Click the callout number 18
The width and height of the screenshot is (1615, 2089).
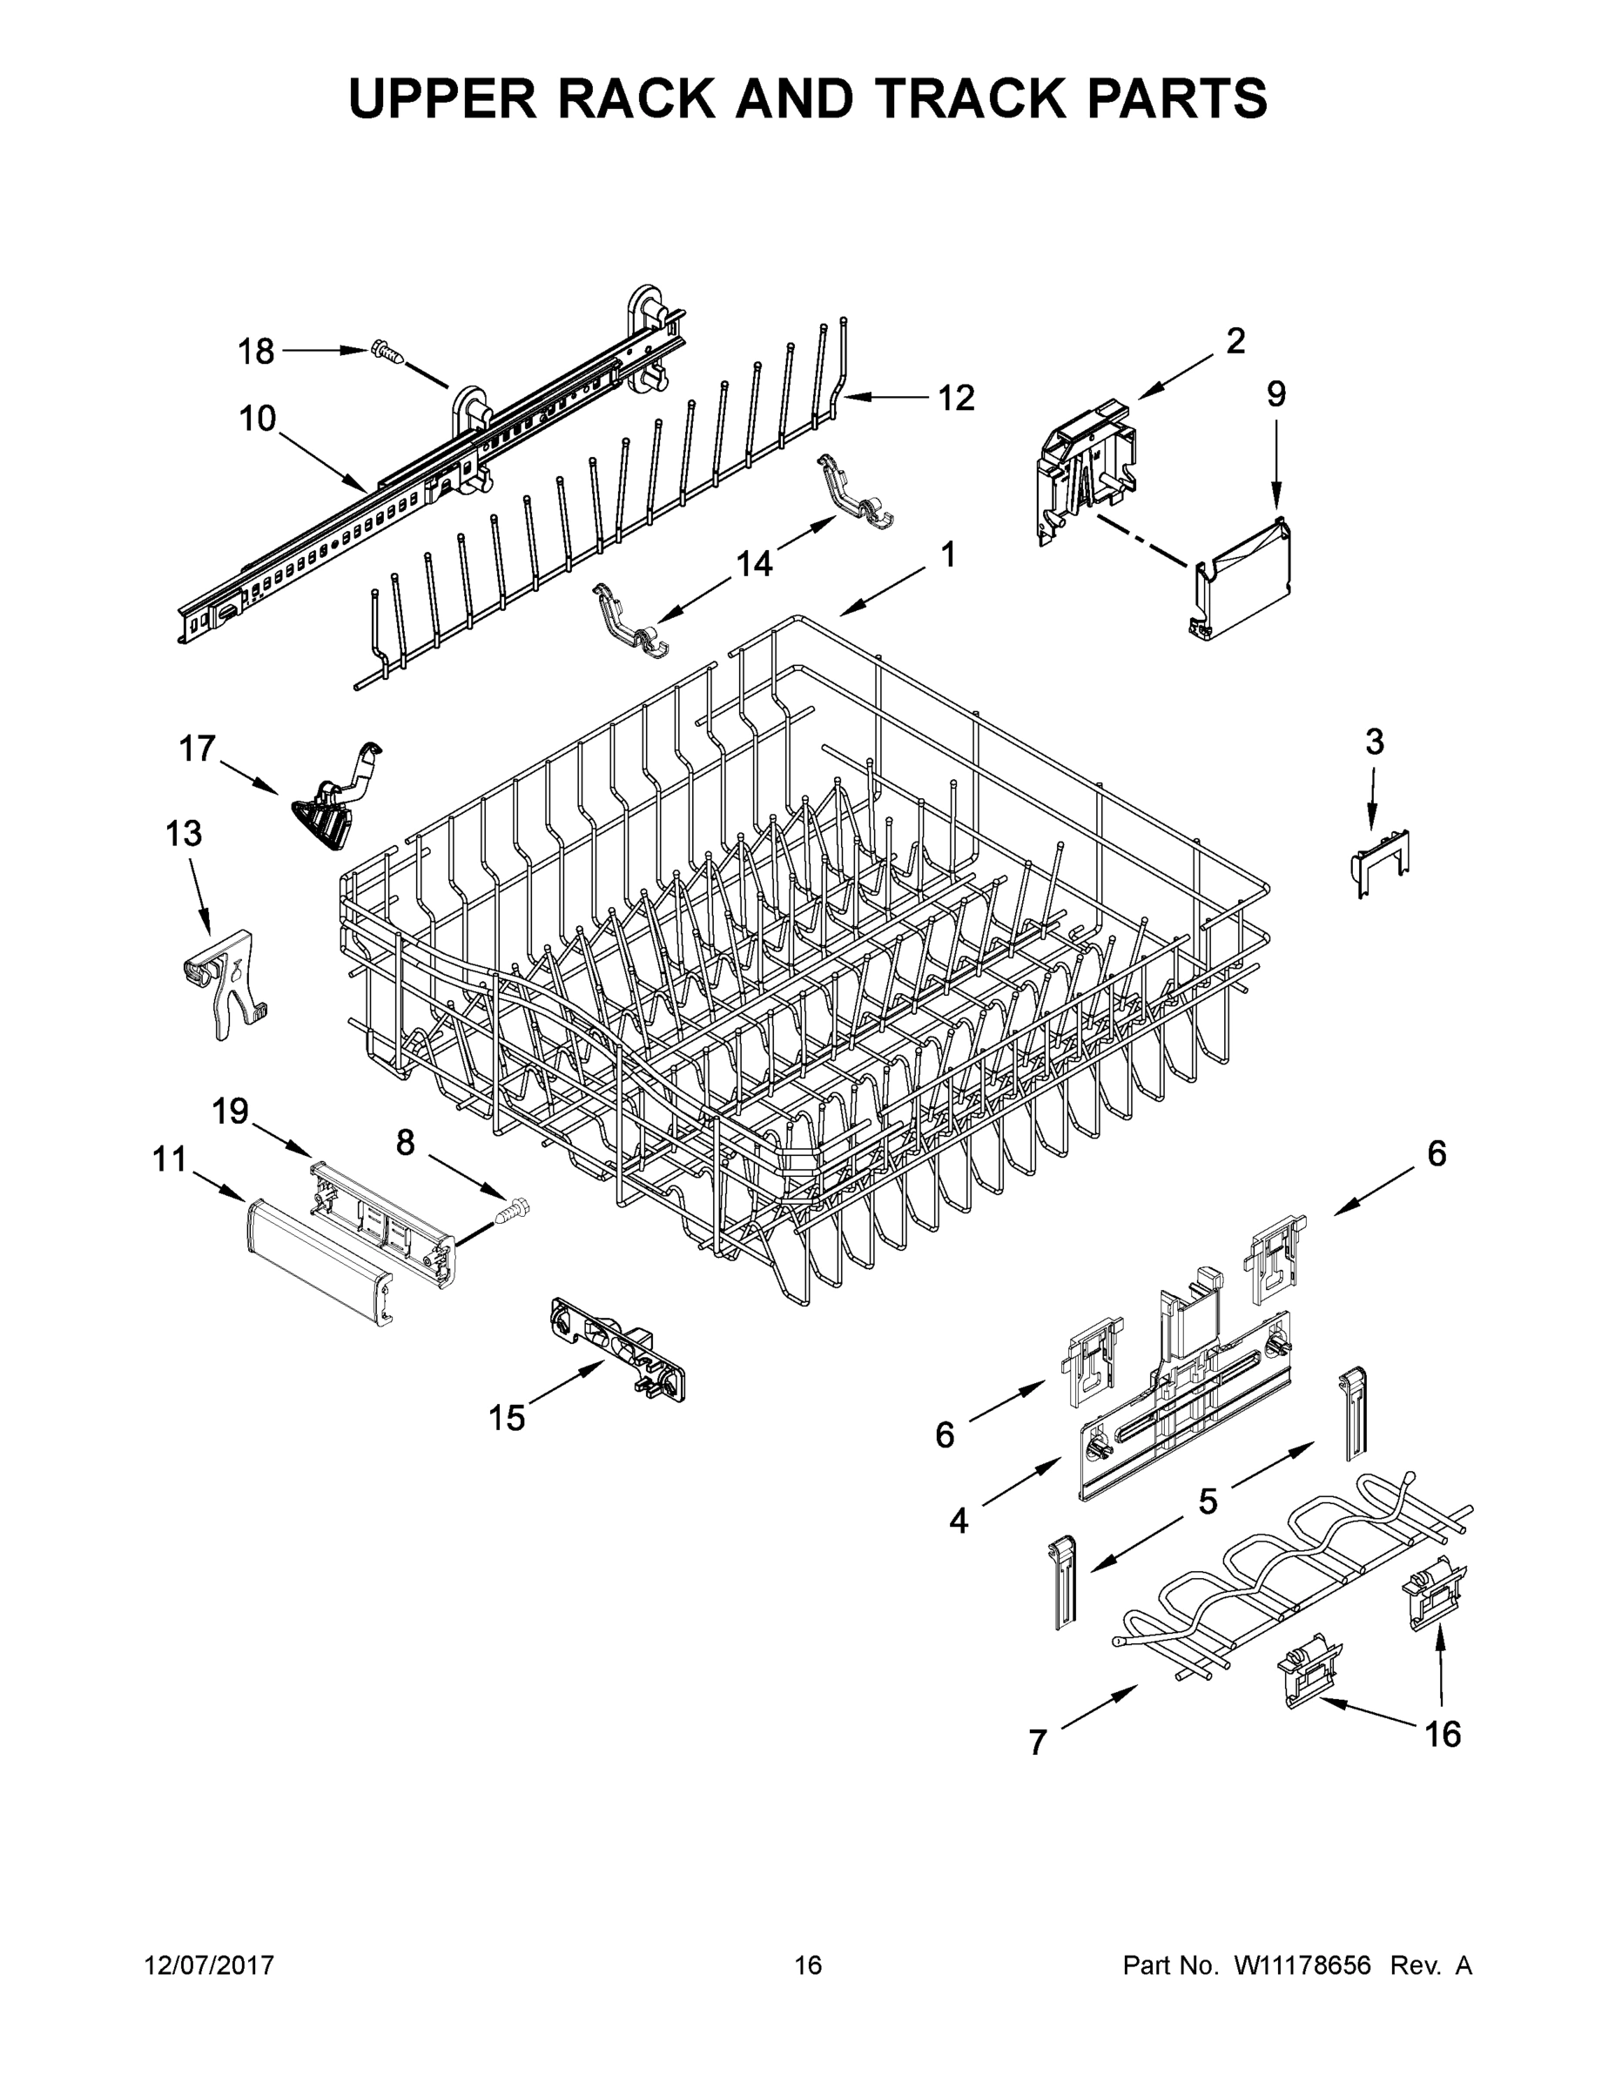tap(255, 352)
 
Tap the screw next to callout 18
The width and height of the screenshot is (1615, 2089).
tap(387, 353)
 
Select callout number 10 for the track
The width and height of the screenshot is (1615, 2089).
tap(258, 418)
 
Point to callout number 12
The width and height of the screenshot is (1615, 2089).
tap(955, 398)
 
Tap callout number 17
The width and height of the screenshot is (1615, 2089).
tap(197, 748)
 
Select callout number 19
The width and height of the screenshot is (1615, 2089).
tap(230, 1112)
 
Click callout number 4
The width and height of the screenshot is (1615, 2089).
tap(959, 1520)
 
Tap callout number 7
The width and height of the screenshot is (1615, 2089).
tap(1037, 1743)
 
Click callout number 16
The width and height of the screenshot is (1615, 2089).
tap(1443, 1733)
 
